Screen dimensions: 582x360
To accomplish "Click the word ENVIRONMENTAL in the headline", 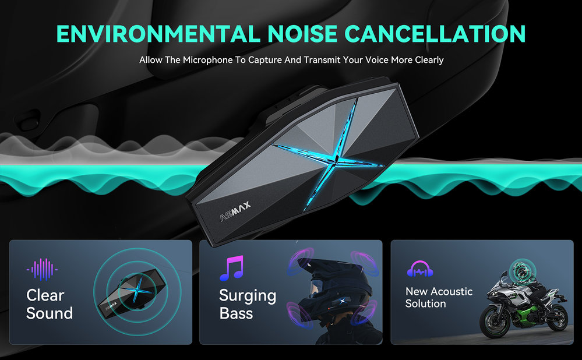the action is pos(158,34).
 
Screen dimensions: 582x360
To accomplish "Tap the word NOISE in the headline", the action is pos(302,34).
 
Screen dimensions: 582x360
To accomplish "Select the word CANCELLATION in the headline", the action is pos(435,34).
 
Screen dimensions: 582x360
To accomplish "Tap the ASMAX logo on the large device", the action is pos(235,211).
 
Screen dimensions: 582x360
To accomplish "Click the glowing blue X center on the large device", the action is pos(335,160).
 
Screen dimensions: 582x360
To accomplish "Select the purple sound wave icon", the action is pos(42,269).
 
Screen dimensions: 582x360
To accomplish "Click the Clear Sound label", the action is pos(50,304).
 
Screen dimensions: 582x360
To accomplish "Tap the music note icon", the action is pos(232,268).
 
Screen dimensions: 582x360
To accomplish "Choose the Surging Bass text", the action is pos(248,304).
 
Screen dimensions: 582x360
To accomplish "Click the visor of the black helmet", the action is pos(315,287).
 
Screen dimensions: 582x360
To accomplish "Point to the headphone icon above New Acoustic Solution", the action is pos(420,269).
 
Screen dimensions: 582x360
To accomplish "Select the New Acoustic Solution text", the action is pos(439,298).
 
